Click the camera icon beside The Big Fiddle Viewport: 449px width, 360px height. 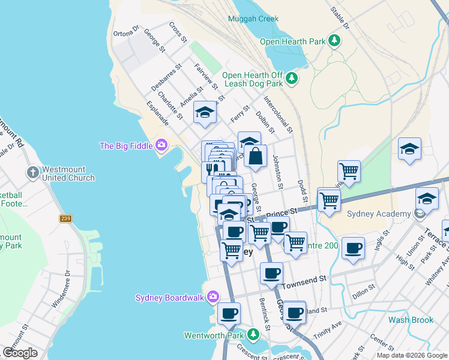[160, 145]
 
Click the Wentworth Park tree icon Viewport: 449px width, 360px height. [253, 335]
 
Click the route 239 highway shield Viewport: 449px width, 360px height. [65, 218]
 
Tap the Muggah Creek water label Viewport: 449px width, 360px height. [253, 19]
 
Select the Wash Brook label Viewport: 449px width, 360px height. [411, 320]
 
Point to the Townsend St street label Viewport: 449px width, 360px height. [304, 279]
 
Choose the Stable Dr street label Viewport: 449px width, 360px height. [340, 18]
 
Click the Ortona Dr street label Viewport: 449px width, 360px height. [126, 31]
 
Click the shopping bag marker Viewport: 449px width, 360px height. [255, 156]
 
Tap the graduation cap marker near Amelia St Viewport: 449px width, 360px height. [205, 112]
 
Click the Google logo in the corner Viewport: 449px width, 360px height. [20, 353]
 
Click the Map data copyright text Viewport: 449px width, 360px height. [411, 355]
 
